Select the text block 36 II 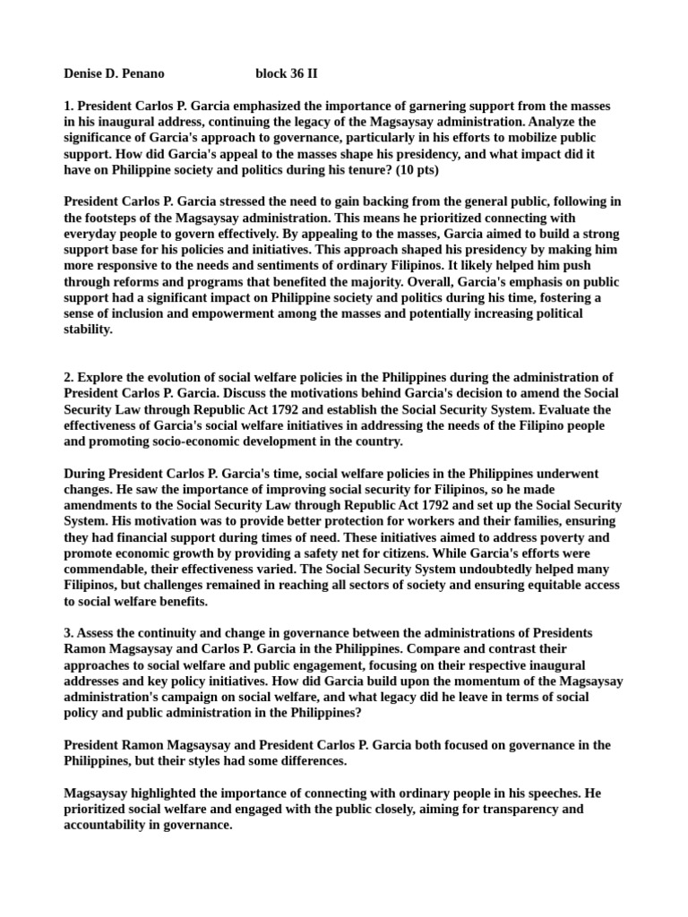286,73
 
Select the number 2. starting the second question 70,377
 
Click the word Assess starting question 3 99,634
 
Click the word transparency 490,810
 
